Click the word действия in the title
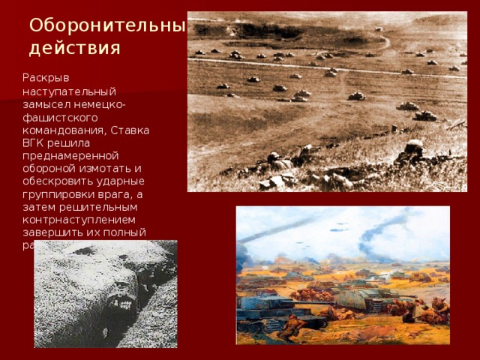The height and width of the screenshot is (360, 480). click(74, 49)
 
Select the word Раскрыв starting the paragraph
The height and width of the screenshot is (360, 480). click(44, 77)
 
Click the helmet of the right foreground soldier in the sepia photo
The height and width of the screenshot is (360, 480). click(413, 145)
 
